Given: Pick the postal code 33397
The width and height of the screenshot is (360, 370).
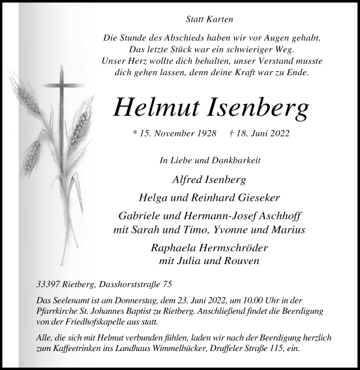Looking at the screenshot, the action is [50, 286].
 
